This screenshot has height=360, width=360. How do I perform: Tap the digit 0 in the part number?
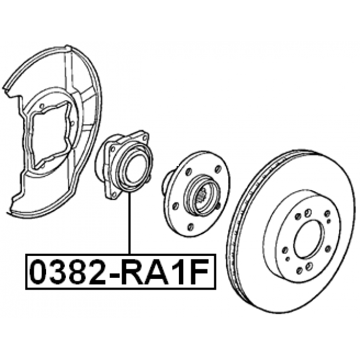pyautogui.click(x=39, y=272)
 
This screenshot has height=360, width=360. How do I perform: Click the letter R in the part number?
pyautogui.click(x=137, y=272)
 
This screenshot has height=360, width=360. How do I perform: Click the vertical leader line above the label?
pyautogui.click(x=130, y=223)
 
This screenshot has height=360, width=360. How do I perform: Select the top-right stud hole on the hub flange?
pyautogui.click(x=218, y=170)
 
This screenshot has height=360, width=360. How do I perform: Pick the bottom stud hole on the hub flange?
pyautogui.click(x=190, y=227)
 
